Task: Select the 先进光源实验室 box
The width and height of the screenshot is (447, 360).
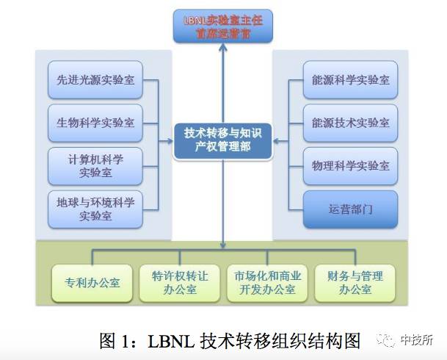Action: click(x=95, y=80)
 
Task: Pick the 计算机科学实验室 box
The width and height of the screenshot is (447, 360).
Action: click(x=95, y=166)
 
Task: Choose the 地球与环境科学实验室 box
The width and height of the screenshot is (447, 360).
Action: click(x=95, y=209)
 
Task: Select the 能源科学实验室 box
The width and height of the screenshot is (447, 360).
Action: click(x=350, y=80)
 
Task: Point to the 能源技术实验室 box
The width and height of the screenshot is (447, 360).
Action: click(x=350, y=123)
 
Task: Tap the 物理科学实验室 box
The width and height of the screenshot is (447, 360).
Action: click(x=350, y=166)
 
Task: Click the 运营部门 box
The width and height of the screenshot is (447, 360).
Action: click(x=350, y=209)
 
